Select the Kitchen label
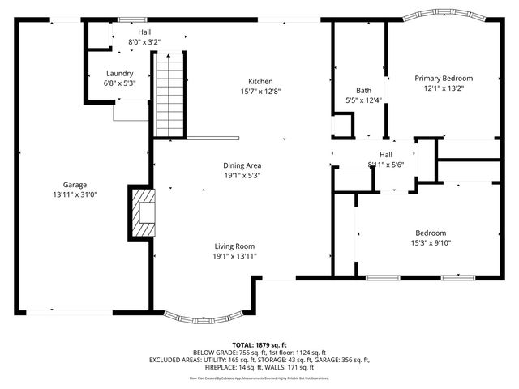click(259, 81)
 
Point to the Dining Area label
click(242, 165)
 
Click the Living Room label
click(235, 246)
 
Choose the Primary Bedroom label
click(444, 79)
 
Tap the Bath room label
click(363, 90)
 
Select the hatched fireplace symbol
click(144, 212)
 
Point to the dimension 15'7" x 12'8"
click(259, 92)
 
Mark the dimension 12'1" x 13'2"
click(444, 89)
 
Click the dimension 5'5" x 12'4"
click(363, 100)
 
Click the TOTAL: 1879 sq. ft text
click(259, 344)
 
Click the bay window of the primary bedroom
click(443, 15)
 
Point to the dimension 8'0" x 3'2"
click(144, 41)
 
